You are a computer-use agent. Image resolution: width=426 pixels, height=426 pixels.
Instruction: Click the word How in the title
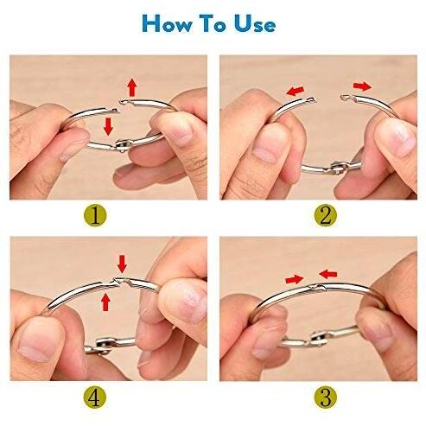(167, 23)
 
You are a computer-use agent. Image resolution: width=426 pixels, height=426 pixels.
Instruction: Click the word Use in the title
(255, 23)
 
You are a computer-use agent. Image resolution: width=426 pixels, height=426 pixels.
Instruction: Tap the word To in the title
(213, 23)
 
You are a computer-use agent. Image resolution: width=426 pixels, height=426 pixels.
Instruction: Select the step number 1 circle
(95, 216)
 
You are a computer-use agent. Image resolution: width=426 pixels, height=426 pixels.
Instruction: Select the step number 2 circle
(325, 216)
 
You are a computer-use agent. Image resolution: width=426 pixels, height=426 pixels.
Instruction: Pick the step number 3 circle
(325, 397)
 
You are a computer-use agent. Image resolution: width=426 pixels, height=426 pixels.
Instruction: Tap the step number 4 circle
(95, 397)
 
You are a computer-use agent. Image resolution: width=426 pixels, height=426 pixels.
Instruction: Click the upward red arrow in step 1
(132, 87)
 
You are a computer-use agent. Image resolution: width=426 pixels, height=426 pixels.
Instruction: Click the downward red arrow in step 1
(108, 126)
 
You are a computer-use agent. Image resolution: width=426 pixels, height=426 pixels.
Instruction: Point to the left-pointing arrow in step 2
(295, 91)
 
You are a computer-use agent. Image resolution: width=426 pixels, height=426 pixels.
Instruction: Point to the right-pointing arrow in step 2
(363, 86)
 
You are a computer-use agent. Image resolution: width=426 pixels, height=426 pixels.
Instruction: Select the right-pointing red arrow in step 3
(295, 279)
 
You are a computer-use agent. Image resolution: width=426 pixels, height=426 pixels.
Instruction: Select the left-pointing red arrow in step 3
(328, 274)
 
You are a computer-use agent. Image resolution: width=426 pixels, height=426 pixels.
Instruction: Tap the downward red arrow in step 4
(122, 264)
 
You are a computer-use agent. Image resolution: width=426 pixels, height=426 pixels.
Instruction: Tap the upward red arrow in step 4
(106, 302)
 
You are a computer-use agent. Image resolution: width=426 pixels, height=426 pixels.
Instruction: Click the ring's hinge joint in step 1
(122, 145)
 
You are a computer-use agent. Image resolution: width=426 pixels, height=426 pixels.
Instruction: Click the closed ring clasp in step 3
(317, 287)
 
